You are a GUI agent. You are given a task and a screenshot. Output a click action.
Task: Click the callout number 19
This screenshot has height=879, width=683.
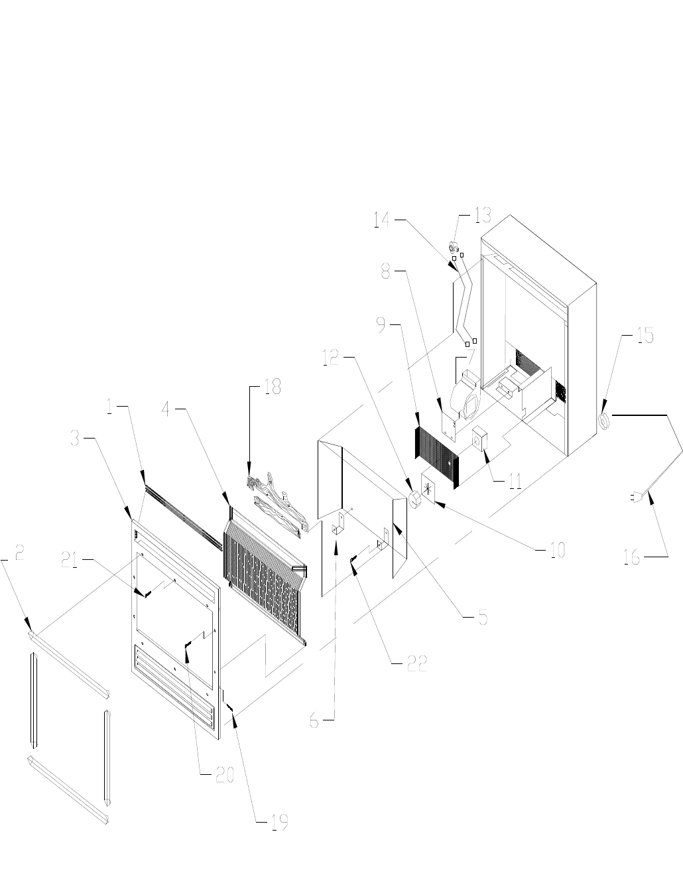pyautogui.click(x=279, y=822)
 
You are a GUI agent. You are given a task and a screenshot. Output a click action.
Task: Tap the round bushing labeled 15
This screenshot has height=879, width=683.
pyautogui.click(x=605, y=421)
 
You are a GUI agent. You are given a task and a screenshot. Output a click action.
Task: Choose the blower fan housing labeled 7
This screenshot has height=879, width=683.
pyautogui.click(x=466, y=394)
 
